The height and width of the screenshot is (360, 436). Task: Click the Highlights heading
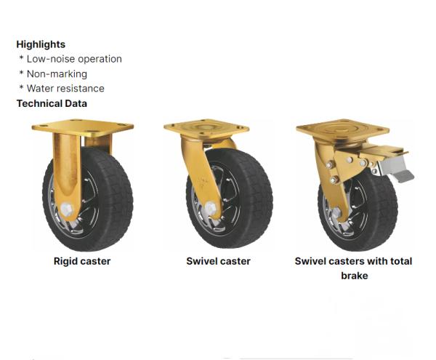tap(41, 44)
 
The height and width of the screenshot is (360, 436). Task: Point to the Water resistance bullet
tap(65, 88)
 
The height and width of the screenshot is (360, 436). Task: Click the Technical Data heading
tap(52, 103)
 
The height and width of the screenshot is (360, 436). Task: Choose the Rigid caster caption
tap(82, 261)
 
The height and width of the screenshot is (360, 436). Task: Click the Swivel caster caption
tap(218, 261)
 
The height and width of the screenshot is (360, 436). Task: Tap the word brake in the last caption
tap(354, 276)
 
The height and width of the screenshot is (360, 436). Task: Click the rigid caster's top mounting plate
tap(83, 129)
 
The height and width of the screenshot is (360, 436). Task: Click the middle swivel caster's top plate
tap(206, 129)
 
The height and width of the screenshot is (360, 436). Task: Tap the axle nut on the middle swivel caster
tap(211, 210)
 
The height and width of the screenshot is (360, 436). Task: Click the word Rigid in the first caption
tap(66, 261)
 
